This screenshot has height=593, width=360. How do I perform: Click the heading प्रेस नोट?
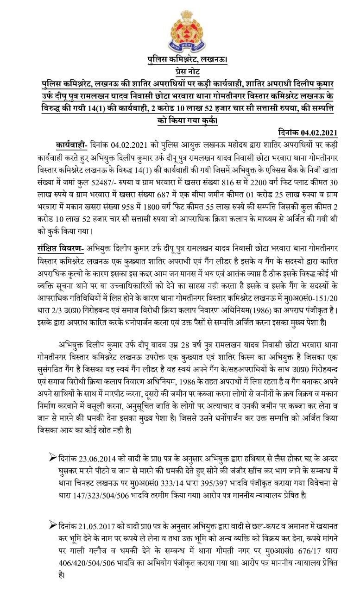pyautogui.click(x=180, y=71)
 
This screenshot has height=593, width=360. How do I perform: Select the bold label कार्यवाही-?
pyautogui.click(x=70, y=144)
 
